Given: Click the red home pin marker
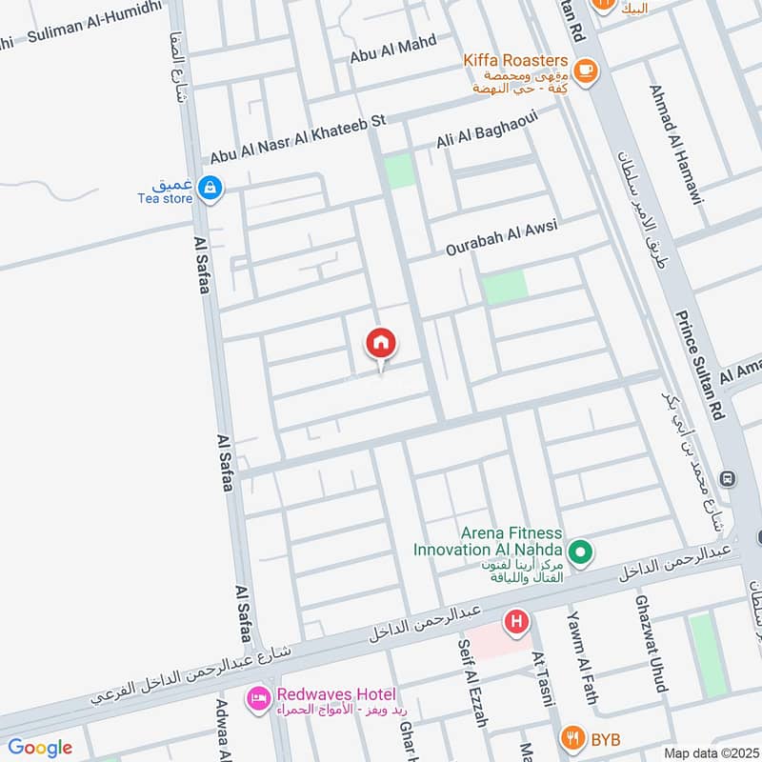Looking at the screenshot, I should [381, 343].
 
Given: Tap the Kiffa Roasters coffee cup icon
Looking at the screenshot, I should [585, 69].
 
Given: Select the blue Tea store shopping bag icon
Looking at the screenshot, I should [211, 190].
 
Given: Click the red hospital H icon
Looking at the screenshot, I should [516, 624].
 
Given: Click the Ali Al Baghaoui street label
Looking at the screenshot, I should [487, 130].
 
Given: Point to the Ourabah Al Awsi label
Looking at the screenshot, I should [500, 238].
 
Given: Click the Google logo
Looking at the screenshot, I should [40, 748].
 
